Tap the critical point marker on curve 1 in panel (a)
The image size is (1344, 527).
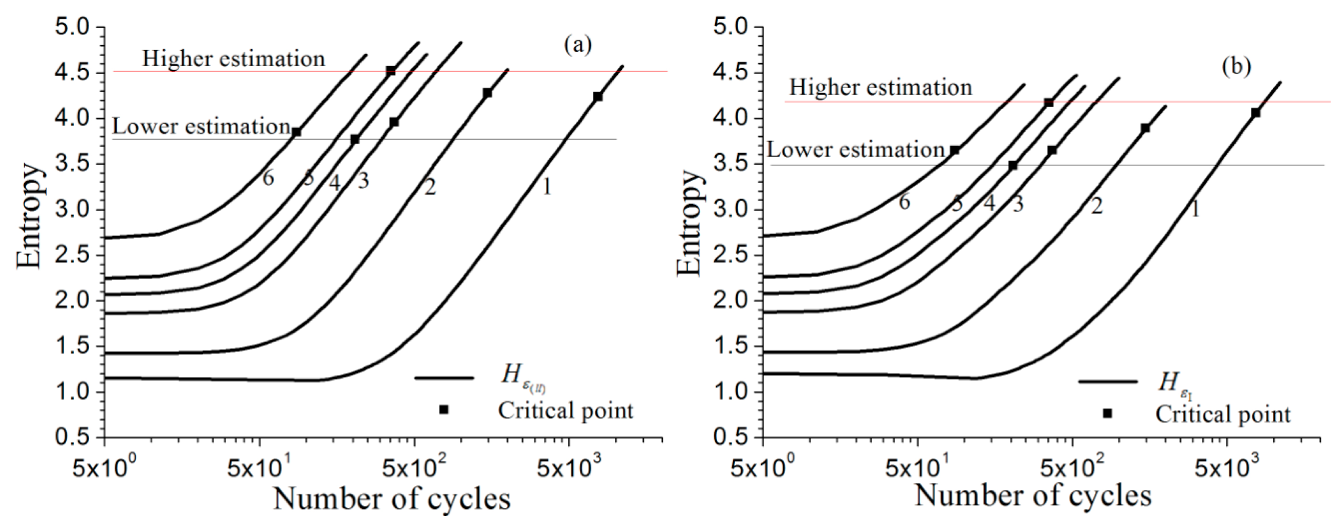(598, 97)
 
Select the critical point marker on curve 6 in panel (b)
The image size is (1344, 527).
(955, 150)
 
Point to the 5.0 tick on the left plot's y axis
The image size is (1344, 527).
(77, 27)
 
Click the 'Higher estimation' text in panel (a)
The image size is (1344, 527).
(233, 59)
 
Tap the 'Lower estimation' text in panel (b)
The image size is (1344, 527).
(856, 150)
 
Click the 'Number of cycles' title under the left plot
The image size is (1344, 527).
(391, 498)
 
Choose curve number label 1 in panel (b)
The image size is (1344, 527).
(1195, 209)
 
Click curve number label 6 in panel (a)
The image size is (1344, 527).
(268, 179)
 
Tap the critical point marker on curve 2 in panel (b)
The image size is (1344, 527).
(1145, 128)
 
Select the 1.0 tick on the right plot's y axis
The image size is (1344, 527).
(735, 392)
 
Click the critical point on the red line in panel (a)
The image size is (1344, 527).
(390, 71)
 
